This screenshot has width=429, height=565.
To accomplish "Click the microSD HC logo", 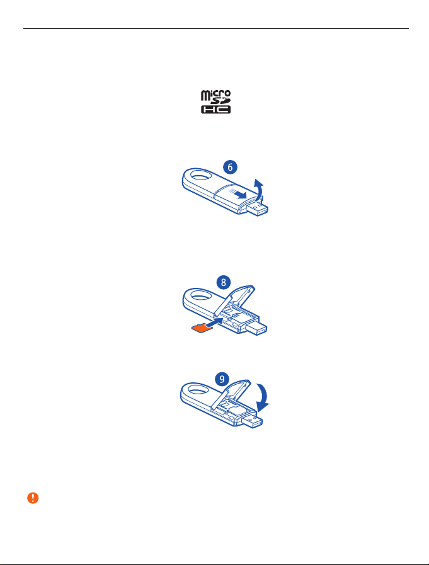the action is [215, 102].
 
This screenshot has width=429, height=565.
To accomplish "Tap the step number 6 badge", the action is [230, 167].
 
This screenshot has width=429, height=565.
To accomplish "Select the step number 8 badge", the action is [224, 282].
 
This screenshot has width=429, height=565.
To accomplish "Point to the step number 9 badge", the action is [222, 379].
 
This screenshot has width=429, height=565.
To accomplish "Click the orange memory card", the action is [201, 328].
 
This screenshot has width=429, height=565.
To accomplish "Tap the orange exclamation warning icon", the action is [33, 498].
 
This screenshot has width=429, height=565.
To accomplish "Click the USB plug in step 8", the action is [256, 328].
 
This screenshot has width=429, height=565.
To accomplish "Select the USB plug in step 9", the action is [253, 421].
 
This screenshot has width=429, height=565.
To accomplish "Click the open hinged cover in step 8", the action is [234, 299].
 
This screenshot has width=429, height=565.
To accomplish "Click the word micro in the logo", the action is [215, 94].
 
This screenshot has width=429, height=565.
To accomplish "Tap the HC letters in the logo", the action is [215, 110].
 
